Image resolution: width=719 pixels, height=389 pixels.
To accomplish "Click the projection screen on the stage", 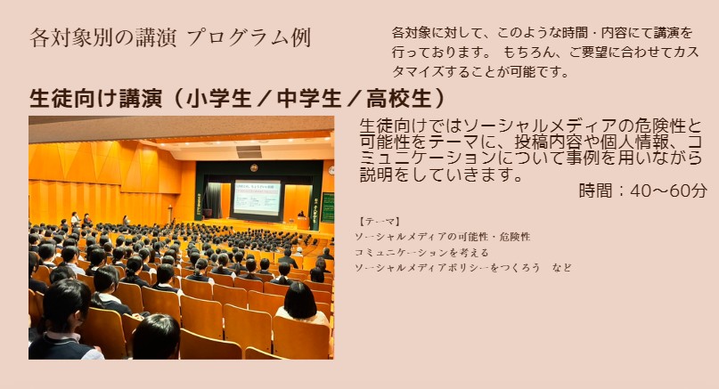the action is [257, 198].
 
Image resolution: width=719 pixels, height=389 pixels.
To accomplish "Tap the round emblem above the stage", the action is [254, 167].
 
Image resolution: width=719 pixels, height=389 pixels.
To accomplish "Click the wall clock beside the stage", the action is [331, 170].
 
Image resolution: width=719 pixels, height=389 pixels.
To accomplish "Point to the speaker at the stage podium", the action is [301, 215].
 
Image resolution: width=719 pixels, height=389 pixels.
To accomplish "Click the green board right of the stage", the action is [327, 207].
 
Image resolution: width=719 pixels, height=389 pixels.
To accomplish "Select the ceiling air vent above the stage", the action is [249, 151].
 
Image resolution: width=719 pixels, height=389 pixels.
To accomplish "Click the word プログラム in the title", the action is [238, 37].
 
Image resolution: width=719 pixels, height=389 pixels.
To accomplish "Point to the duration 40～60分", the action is [668, 190].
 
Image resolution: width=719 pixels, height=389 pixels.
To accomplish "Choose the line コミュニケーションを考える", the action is [421, 253].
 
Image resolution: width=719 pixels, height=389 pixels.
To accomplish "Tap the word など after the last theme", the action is [562, 268].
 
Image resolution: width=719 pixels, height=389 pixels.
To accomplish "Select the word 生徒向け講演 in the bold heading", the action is [95, 98].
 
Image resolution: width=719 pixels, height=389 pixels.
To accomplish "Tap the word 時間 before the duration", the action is [595, 190].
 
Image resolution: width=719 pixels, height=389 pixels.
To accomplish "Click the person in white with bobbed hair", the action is [301, 304].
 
